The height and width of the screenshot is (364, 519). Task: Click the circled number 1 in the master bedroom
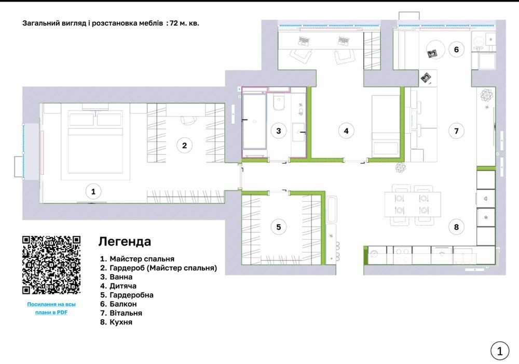pyautogui.click(x=93, y=191)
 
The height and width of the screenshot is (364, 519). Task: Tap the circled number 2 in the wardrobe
pyautogui.click(x=184, y=145)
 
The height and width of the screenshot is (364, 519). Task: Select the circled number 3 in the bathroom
pyautogui.click(x=278, y=131)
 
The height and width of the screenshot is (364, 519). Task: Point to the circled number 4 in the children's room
pyautogui.click(x=346, y=131)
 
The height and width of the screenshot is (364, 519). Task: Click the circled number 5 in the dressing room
pyautogui.click(x=278, y=227)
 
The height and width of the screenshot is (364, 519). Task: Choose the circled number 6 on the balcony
pyautogui.click(x=456, y=49)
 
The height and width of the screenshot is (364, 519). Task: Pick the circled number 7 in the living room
pyautogui.click(x=456, y=131)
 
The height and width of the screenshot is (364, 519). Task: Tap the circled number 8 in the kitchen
pyautogui.click(x=456, y=227)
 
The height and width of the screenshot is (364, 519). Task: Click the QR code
pyautogui.click(x=51, y=265)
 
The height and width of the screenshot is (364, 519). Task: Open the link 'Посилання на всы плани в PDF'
pyautogui.click(x=51, y=308)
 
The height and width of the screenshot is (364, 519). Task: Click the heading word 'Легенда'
pyautogui.click(x=125, y=241)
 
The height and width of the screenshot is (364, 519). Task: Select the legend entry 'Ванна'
pyautogui.click(x=121, y=277)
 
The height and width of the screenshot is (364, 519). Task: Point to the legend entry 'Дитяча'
pyautogui.click(x=123, y=286)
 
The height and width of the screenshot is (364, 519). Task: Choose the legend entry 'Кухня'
pyautogui.click(x=121, y=322)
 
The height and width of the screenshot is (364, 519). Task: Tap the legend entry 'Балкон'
pyautogui.click(x=123, y=304)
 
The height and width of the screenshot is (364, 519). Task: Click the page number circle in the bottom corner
pyautogui.click(x=499, y=350)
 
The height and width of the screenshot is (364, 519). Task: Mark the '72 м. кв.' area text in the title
pyautogui.click(x=184, y=23)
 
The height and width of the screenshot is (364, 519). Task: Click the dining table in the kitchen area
pyautogui.click(x=413, y=204)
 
